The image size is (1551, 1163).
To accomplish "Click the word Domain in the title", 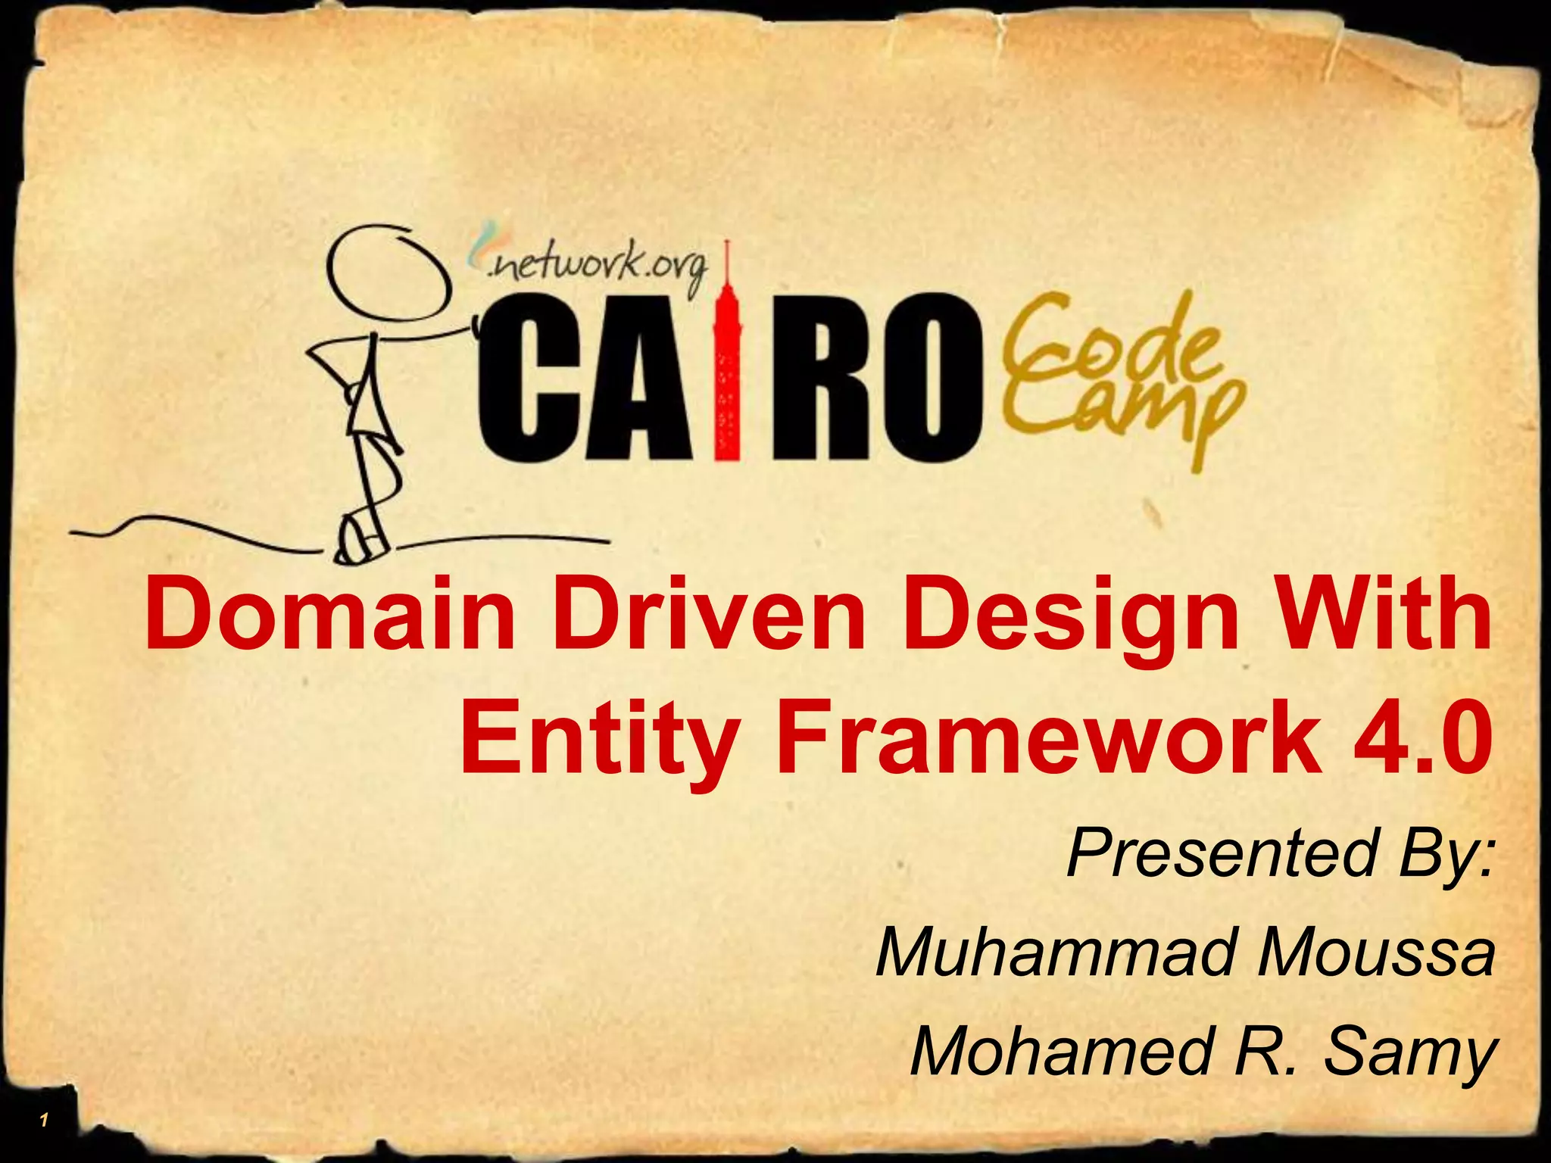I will (329, 615).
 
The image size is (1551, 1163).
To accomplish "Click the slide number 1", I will (45, 1120).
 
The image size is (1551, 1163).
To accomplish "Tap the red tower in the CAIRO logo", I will (727, 363).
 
